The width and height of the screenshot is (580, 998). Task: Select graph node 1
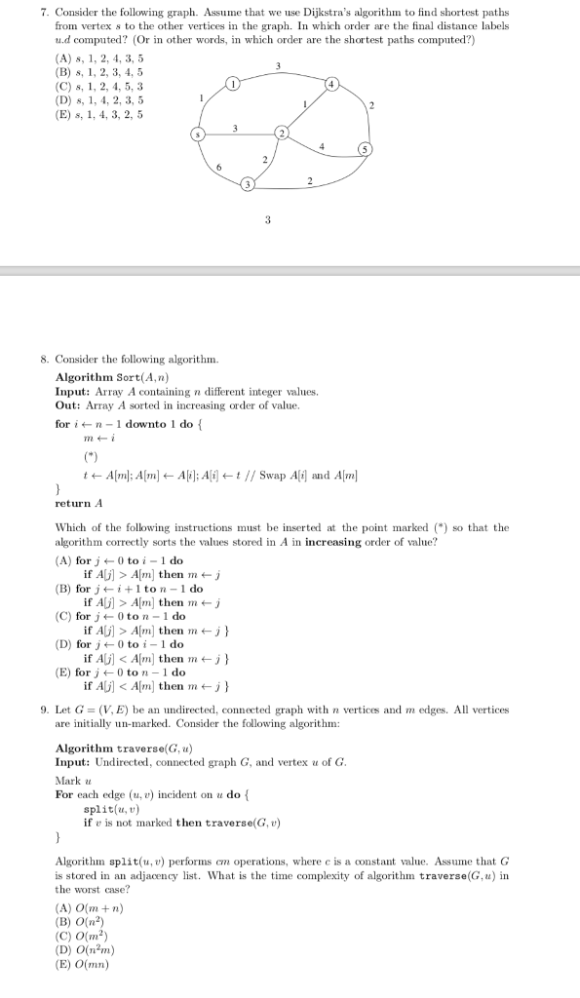232,87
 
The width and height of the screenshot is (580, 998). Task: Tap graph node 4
330,87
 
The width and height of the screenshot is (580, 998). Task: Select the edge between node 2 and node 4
306,109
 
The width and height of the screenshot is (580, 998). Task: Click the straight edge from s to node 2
239,134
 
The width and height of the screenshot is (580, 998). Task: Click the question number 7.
44,13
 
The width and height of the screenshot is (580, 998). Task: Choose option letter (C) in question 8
65,616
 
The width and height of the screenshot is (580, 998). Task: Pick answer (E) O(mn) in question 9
84,965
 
